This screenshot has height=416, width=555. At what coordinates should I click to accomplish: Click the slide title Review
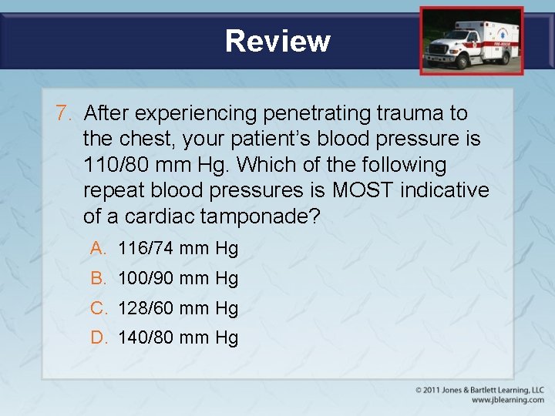tap(277, 41)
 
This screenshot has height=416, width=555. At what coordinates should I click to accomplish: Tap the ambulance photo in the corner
tap(471, 41)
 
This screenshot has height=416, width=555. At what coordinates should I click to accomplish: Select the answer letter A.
tap(97, 248)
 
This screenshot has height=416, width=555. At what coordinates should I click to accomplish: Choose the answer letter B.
tap(97, 278)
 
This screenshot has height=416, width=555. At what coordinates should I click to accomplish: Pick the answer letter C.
tap(98, 308)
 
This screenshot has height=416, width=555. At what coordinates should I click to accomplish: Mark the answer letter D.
tap(98, 337)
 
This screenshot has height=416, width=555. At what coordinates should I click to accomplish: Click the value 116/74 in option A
tap(145, 248)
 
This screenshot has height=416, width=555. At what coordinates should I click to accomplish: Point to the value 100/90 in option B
tap(145, 278)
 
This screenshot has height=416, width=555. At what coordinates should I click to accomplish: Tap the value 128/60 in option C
tap(145, 308)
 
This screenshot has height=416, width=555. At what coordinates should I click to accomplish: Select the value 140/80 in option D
tap(145, 337)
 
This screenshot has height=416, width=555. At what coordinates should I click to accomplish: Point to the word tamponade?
tap(260, 216)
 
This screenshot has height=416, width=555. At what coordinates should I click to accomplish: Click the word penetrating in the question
tap(316, 113)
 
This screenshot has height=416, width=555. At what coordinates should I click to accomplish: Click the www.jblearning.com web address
tap(507, 400)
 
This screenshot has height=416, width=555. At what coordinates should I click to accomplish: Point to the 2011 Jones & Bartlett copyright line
tap(479, 390)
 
